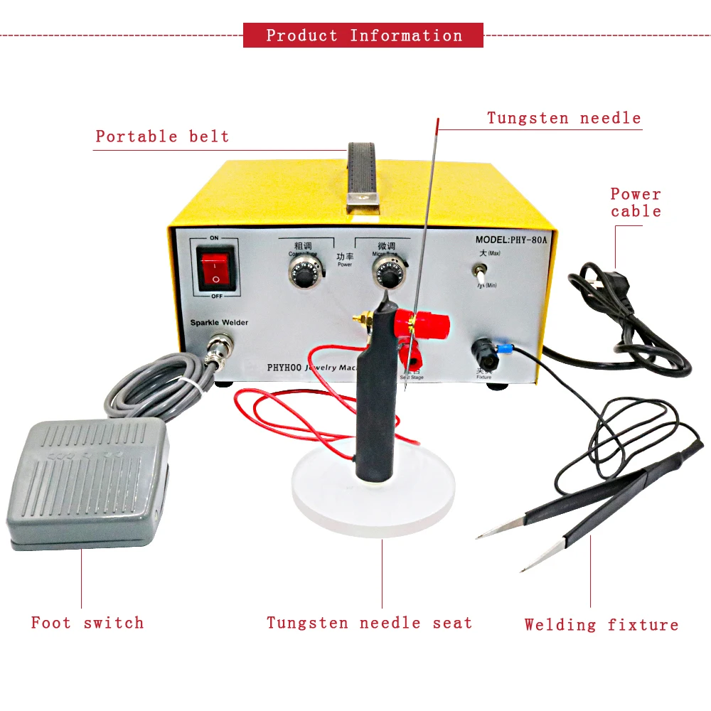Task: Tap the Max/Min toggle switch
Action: [x=481, y=272]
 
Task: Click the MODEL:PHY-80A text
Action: [x=511, y=240]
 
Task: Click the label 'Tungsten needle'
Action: [x=564, y=118]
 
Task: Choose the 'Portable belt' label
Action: [x=163, y=137]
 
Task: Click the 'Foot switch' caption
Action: [x=87, y=623]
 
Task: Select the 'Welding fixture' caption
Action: [x=602, y=625]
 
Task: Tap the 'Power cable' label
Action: [x=636, y=203]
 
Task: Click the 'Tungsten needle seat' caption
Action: [x=369, y=623]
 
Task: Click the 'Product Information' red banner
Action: [x=363, y=36]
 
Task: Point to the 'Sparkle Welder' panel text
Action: [x=219, y=323]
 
